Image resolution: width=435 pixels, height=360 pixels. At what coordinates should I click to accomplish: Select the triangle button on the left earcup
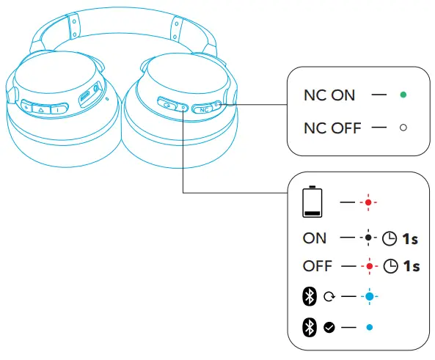43,107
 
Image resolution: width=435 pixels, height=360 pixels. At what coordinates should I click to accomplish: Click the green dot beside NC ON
403,95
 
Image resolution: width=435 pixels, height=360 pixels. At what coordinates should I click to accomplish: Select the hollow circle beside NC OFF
403,128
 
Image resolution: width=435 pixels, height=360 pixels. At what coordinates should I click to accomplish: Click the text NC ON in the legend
329,95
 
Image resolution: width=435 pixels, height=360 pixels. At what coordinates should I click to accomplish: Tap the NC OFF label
332,128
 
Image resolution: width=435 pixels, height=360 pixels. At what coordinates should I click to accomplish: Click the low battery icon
312,202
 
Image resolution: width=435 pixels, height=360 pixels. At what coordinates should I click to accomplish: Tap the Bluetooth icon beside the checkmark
308,327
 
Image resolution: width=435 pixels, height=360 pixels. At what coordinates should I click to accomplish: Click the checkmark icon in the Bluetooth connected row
328,327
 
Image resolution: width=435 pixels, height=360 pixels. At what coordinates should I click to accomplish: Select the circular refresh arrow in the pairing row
328,297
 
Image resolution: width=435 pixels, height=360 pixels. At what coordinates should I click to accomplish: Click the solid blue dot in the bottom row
370,327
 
